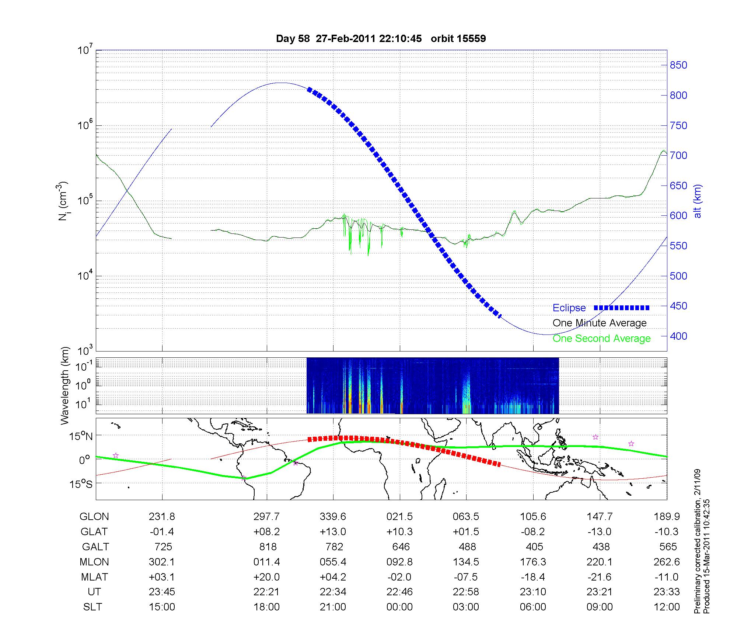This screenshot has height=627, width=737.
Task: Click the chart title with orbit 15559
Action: pos(381,39)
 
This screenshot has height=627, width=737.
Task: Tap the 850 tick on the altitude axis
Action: pos(678,65)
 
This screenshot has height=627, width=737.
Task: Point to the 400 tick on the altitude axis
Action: pos(678,336)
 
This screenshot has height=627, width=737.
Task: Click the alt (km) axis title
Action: pos(698,201)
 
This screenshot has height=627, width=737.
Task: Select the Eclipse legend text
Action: pos(569,308)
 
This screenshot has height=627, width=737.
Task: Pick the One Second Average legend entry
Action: pos(601,339)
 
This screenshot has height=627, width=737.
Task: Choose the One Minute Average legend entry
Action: pos(600,323)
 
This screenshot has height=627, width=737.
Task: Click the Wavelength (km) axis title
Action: pos(65,385)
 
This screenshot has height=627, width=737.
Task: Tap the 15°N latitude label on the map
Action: pos(81,437)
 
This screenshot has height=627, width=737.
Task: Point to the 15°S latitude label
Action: pos(81,484)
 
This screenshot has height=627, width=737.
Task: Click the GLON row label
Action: pos(94,517)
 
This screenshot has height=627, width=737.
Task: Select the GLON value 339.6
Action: pos(333,517)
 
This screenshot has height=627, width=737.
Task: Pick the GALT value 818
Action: pos(268,547)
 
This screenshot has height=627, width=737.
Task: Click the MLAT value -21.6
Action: pos(600,577)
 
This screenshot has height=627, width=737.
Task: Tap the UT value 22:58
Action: pos(466,592)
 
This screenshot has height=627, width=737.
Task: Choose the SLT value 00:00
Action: pos(399,607)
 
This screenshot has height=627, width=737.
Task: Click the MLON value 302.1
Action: pos(162,562)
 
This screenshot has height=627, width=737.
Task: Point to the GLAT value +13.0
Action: pos(333,532)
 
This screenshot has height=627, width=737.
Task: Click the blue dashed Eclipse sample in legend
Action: pos(621,308)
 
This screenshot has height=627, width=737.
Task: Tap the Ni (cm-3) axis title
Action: pos(63,201)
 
